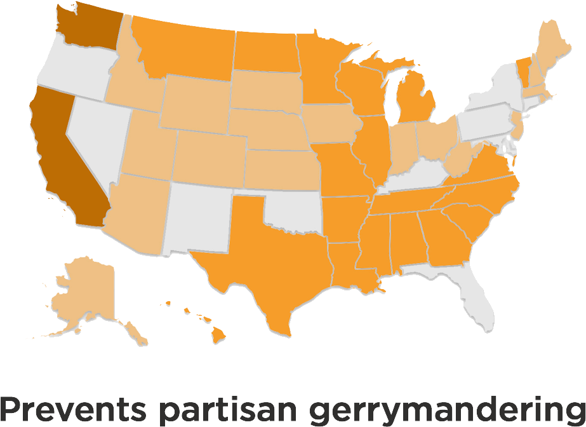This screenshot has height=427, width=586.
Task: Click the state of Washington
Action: coord(86,29)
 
